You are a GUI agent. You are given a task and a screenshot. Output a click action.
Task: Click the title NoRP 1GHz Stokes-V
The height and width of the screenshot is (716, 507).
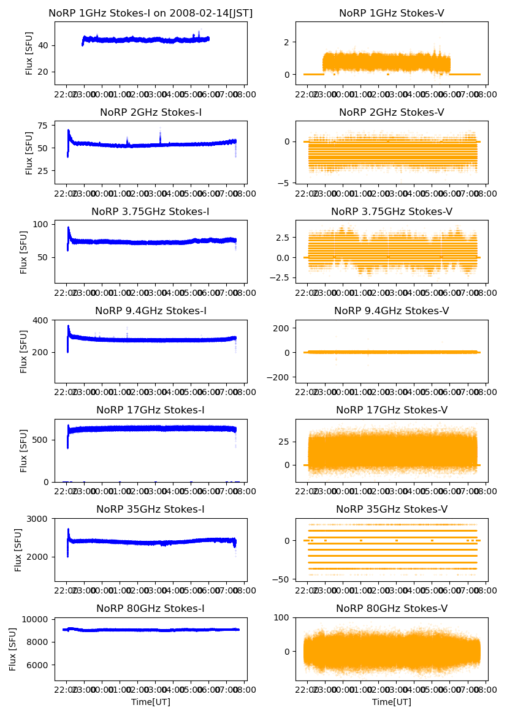[392, 13]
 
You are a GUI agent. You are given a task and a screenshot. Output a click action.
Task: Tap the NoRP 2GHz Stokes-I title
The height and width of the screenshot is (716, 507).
[151, 113]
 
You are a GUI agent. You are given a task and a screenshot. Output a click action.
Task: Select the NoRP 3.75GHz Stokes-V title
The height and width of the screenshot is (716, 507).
[392, 212]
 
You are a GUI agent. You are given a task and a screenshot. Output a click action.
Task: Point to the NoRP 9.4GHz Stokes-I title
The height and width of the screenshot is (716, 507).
[151, 311]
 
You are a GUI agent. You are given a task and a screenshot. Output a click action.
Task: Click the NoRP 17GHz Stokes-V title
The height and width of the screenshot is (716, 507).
[392, 410]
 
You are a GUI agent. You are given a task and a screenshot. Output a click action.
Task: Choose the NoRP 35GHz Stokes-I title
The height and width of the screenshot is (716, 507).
[151, 510]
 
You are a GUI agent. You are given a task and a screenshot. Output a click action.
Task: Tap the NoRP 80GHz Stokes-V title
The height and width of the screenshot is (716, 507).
[392, 609]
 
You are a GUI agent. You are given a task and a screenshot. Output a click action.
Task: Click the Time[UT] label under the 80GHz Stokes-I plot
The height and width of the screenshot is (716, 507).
[151, 702]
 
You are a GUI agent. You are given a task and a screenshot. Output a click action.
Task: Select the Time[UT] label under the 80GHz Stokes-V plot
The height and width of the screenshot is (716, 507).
[392, 702]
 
